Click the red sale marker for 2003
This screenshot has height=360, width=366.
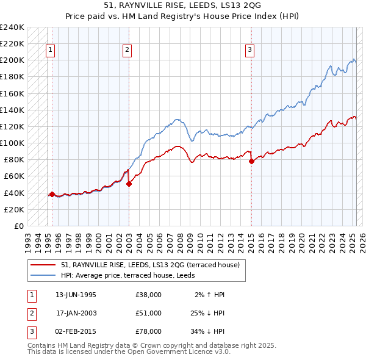[x=129, y=184]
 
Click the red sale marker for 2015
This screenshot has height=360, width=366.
[x=251, y=161]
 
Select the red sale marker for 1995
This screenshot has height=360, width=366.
[x=52, y=194]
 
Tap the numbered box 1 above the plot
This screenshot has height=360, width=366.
[x=49, y=51]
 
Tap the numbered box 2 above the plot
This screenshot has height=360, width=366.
[x=127, y=51]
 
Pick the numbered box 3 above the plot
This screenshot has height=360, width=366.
[x=250, y=51]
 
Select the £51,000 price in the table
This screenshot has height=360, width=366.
[x=149, y=313]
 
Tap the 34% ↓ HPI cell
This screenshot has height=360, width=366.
[x=206, y=331]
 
